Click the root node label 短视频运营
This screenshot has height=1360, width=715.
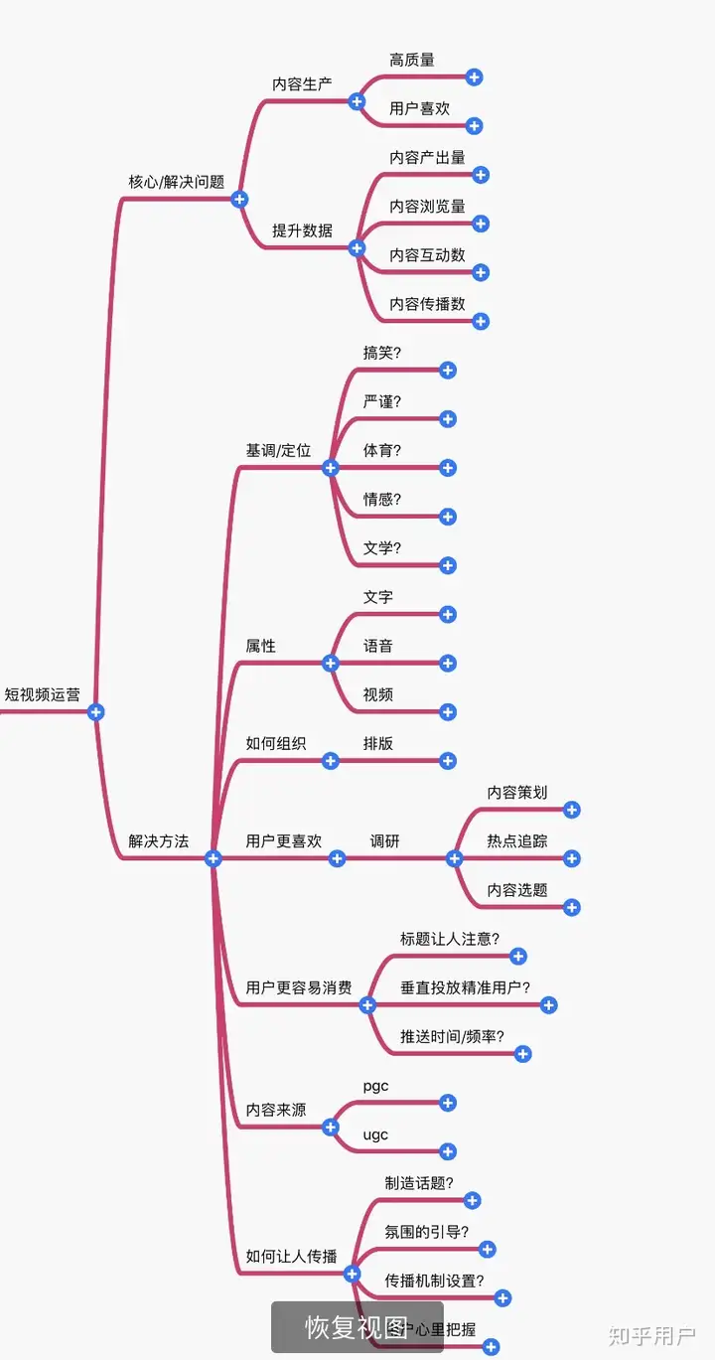43,695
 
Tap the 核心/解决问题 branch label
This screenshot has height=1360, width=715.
177,183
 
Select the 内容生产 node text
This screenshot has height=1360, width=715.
303,84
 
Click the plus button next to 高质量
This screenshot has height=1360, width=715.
474,76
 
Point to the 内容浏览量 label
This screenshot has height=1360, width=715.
427,207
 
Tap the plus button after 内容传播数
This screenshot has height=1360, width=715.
481,321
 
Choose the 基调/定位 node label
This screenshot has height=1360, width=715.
278,451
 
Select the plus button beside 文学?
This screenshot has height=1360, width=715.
448,565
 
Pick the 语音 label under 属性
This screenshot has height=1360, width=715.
378,647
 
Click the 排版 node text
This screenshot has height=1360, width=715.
378,744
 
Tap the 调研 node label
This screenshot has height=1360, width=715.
385,841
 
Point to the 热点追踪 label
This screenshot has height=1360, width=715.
517,841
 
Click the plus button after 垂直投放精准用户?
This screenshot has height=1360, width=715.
549,1005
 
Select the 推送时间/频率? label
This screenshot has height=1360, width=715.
452,1037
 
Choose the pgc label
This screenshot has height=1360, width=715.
375,1087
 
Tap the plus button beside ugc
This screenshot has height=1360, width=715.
448,1151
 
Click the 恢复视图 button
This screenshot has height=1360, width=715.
357,1327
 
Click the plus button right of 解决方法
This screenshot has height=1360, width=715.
213,858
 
